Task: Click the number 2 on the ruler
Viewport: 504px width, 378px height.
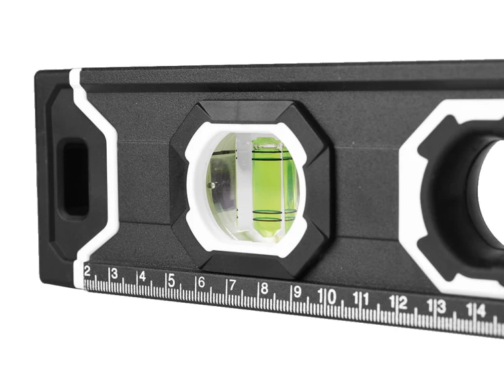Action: (87, 271)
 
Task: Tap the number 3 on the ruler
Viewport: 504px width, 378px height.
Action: (114, 274)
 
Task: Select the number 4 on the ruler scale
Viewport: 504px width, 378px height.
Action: (142, 276)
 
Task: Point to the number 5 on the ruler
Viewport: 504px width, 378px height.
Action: (171, 280)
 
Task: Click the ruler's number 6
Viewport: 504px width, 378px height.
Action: (201, 282)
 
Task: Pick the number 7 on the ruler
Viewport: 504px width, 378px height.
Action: (232, 285)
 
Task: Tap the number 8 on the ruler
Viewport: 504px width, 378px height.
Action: (264, 289)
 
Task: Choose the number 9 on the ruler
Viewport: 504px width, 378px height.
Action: (297, 292)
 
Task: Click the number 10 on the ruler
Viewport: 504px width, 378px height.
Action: (327, 296)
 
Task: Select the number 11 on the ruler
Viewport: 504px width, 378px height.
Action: (361, 299)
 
